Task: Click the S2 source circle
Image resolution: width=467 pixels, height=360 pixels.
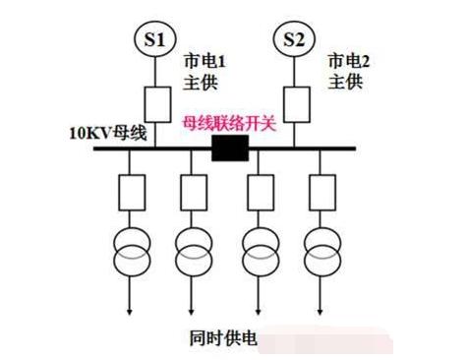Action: click(x=294, y=38)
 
